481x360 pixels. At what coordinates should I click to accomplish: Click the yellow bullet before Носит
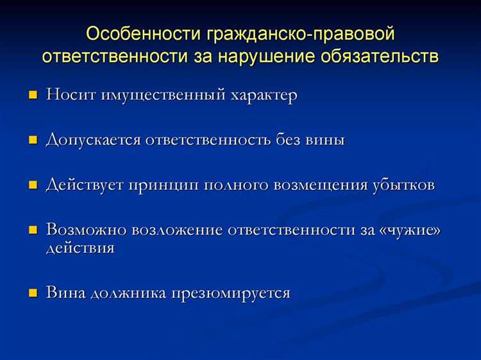coord(33,96)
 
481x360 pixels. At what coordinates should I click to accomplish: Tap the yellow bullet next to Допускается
coord(33,141)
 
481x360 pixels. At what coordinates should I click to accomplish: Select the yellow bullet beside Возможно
coord(33,230)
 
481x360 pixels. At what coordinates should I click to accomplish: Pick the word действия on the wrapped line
coord(80,248)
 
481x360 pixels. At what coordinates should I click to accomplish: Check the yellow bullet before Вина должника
coord(33,293)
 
